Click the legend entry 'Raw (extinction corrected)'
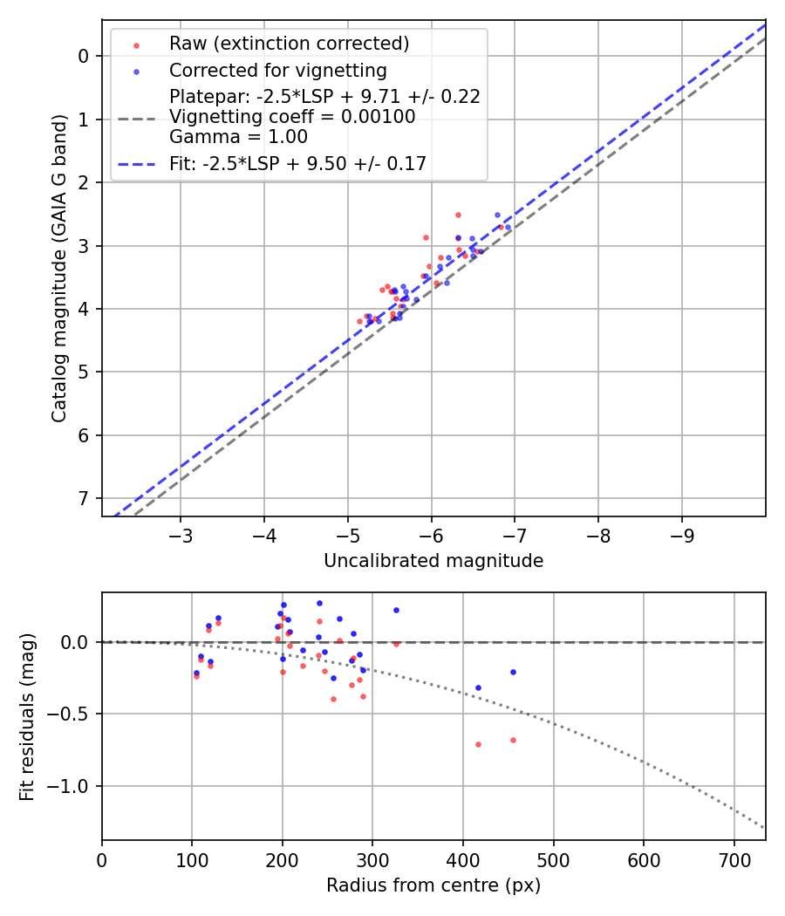(x=289, y=44)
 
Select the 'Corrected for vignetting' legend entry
(x=277, y=70)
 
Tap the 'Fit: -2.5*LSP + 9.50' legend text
(x=297, y=163)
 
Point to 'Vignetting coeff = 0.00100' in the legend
(x=292, y=117)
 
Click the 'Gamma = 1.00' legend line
(x=238, y=137)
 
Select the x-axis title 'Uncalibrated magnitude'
(x=433, y=561)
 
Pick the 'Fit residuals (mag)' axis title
(x=27, y=716)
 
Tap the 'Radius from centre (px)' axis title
(x=433, y=885)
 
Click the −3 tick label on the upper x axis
(x=181, y=534)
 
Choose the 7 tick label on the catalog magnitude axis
(x=84, y=498)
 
